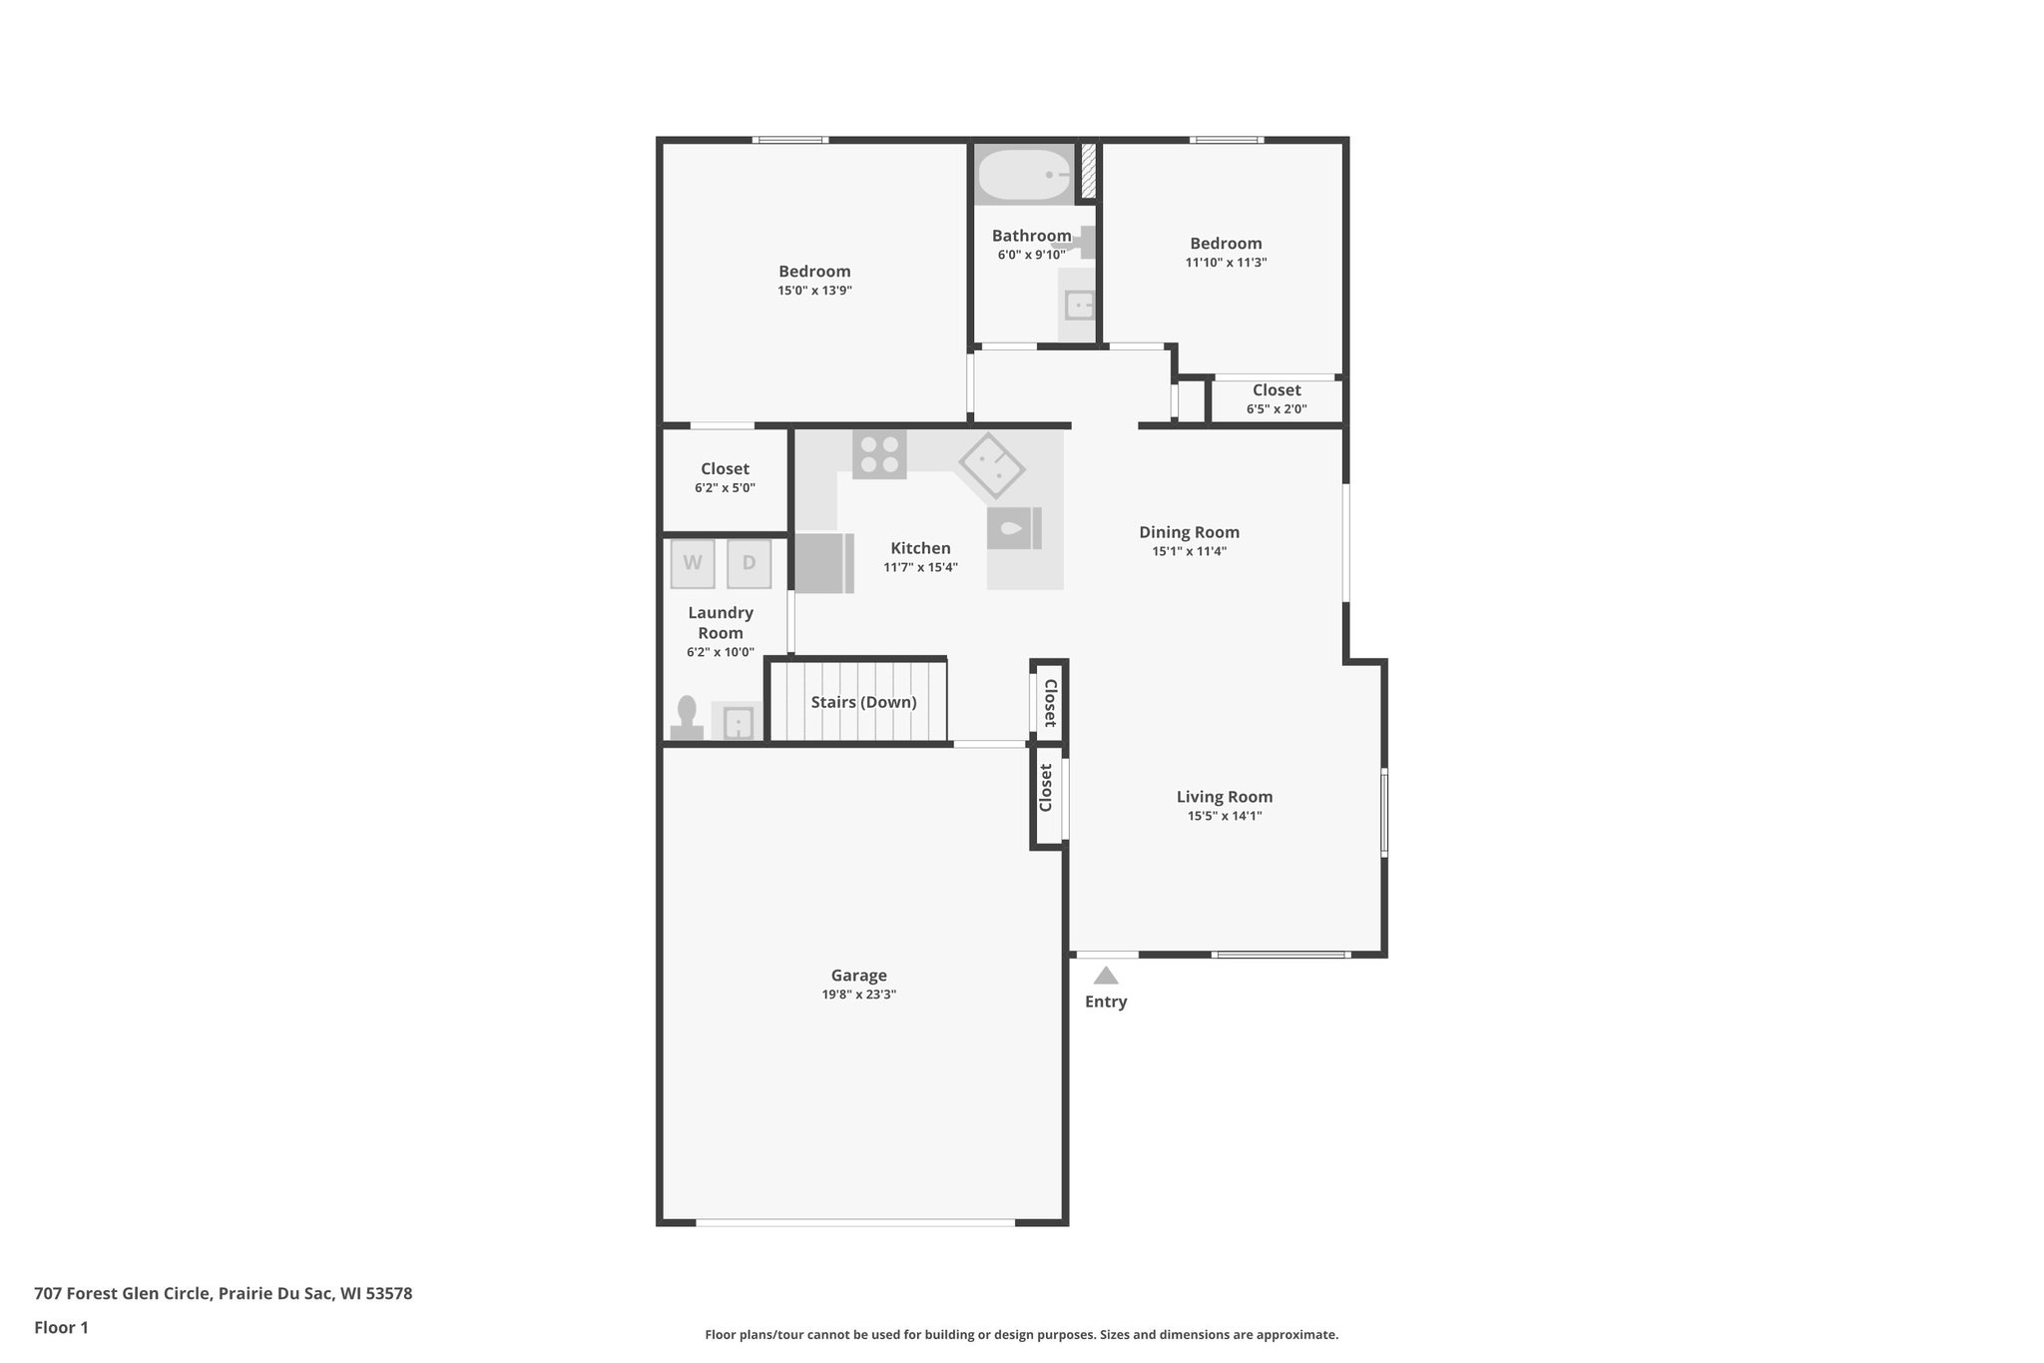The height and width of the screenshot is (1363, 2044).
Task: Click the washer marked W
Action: coord(693,563)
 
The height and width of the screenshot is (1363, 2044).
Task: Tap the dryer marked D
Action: coord(749,563)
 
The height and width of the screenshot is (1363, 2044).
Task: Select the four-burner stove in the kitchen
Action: coord(879,454)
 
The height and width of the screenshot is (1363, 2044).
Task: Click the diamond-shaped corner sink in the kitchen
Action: coord(991,465)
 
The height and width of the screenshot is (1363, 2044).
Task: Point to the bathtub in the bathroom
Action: coord(1023,175)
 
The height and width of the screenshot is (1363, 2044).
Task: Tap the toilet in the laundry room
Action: coord(687,718)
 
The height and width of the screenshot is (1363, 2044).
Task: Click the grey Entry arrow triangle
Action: coord(1105,976)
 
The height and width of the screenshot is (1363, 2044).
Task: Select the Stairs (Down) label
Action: coord(863,702)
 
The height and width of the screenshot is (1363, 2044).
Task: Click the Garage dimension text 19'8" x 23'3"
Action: coord(859,995)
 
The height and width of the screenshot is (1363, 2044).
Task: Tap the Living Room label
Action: coord(1224,797)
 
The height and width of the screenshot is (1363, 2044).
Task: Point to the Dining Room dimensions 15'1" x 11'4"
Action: coord(1189,551)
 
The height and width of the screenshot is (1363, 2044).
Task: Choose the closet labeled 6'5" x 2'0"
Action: coord(1277,399)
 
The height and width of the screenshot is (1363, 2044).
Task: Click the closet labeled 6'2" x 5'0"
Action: coord(725,478)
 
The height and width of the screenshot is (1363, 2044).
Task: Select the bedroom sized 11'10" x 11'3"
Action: coord(1226,252)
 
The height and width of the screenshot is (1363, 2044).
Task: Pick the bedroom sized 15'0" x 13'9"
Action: coord(814,280)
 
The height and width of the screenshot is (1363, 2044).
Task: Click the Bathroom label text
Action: coord(1031,236)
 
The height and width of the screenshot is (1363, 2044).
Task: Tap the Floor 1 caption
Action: coord(61,1328)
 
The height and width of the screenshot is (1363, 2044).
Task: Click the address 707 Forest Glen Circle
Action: coord(223,1293)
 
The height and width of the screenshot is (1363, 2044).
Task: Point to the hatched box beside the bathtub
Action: coord(1089,171)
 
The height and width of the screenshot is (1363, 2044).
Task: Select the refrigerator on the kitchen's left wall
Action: coord(823,563)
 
